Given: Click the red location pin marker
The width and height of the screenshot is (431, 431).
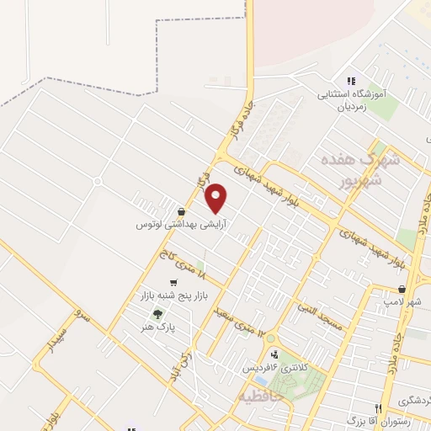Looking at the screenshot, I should point(216,198).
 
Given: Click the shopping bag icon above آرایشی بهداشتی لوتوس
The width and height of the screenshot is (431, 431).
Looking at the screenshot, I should point(182,212).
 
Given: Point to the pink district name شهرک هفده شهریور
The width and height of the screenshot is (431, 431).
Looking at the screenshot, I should point(357,168).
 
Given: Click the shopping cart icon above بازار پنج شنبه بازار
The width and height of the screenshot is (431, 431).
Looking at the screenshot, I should point(174,283).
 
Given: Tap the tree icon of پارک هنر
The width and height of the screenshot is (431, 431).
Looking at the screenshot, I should point(147,314).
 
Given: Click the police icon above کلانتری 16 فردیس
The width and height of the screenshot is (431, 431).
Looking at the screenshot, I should point(274,354).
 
